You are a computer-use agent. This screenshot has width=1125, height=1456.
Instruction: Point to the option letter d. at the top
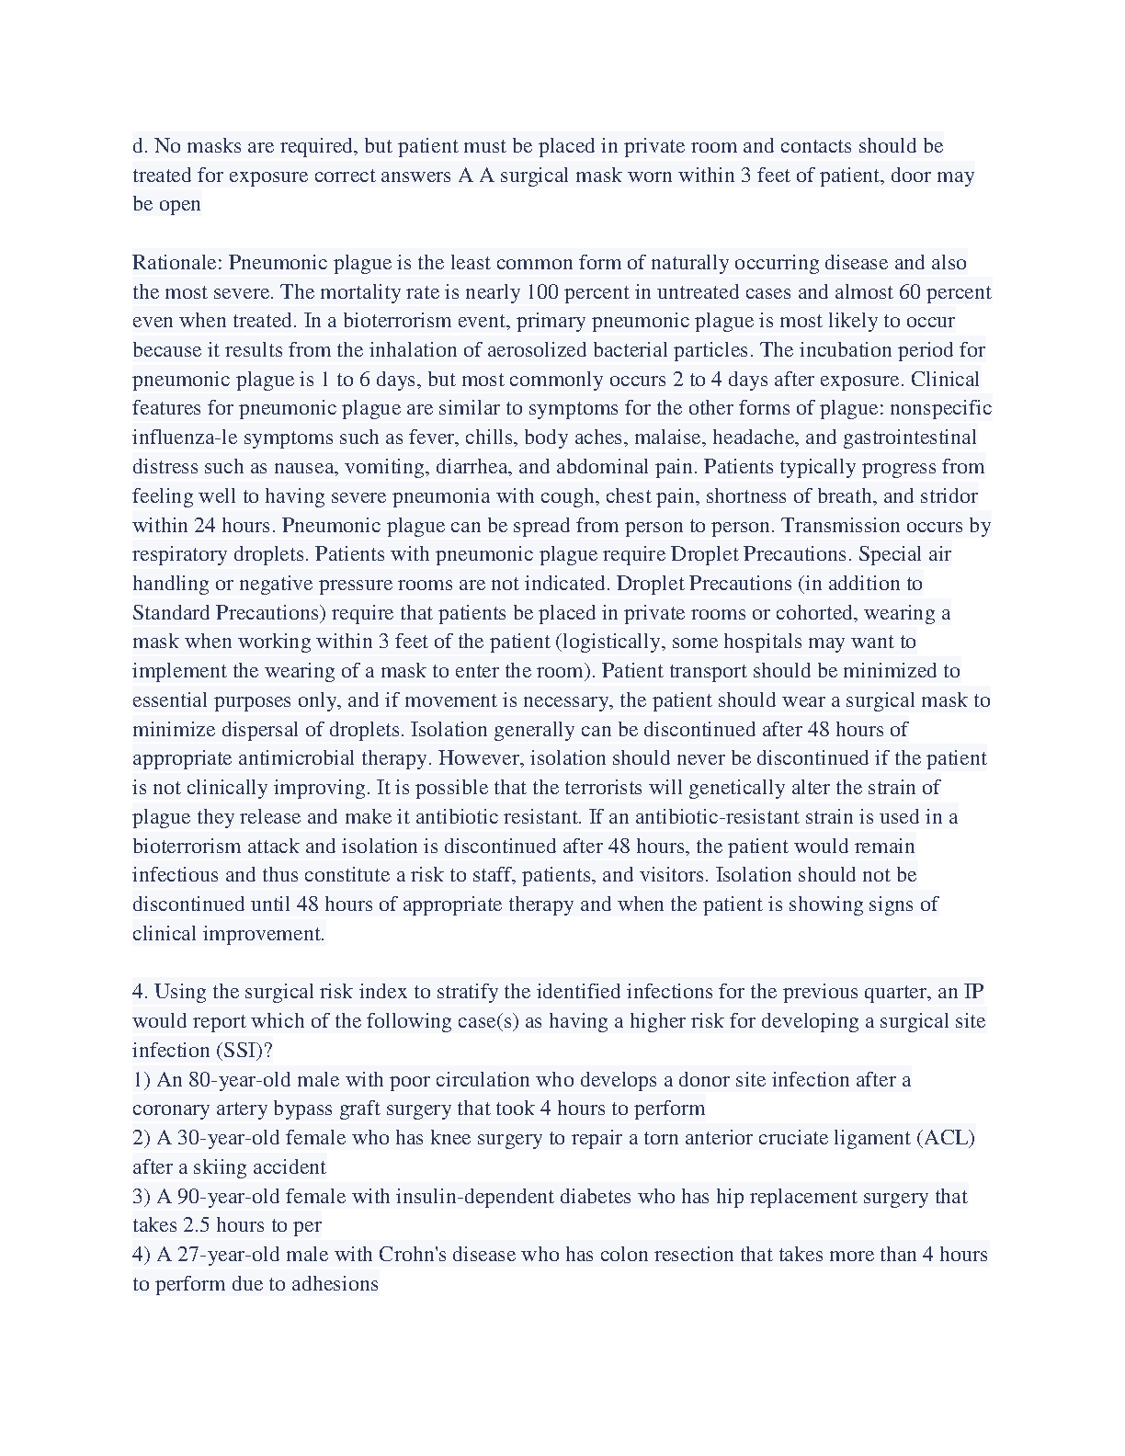coord(141,146)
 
